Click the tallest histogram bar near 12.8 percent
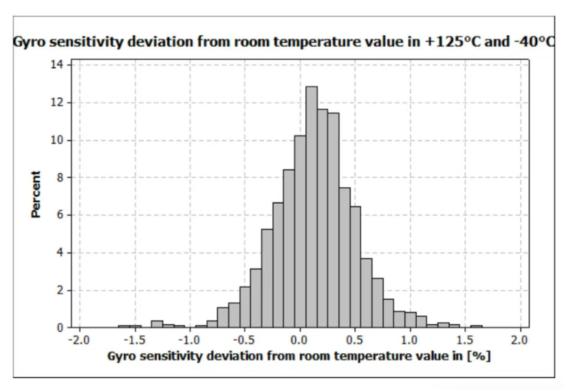(311, 207)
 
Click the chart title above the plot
(284, 42)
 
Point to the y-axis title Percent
(36, 196)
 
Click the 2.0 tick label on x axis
(520, 340)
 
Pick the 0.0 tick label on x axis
(299, 340)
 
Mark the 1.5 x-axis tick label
(465, 340)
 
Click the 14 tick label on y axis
(58, 65)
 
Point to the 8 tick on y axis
(61, 178)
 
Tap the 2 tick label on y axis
(61, 291)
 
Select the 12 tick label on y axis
(58, 103)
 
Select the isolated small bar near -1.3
(157, 324)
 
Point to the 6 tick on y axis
(61, 215)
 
